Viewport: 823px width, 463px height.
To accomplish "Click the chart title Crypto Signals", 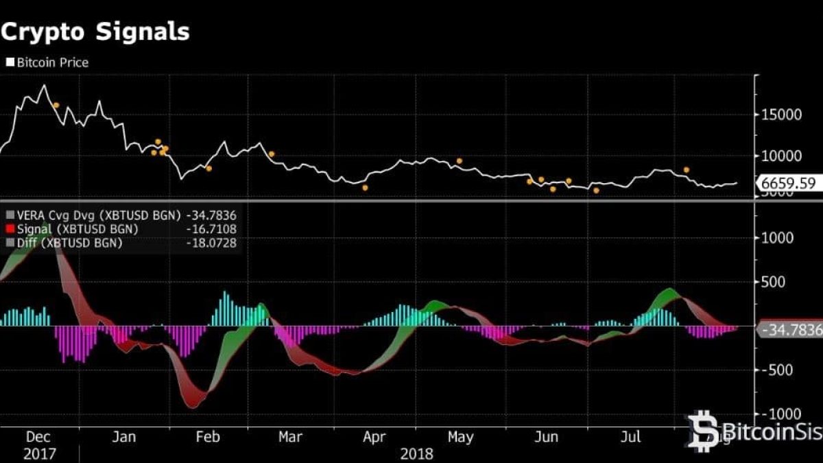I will click(x=95, y=32).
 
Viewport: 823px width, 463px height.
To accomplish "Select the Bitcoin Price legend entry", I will click(x=48, y=62).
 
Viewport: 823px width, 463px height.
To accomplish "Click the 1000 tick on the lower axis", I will click(x=778, y=237).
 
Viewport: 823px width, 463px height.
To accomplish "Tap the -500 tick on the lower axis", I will click(x=778, y=370).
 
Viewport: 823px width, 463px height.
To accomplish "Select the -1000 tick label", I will click(x=780, y=414).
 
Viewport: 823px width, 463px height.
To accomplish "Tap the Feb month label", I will click(x=207, y=436).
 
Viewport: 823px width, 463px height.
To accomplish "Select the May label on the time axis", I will click(x=461, y=436).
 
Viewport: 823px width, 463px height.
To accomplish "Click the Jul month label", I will click(x=631, y=436).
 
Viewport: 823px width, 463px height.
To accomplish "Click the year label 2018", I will click(x=417, y=453).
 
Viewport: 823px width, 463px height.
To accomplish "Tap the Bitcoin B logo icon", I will click(x=703, y=430).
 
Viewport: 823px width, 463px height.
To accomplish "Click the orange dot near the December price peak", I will click(x=56, y=106).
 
